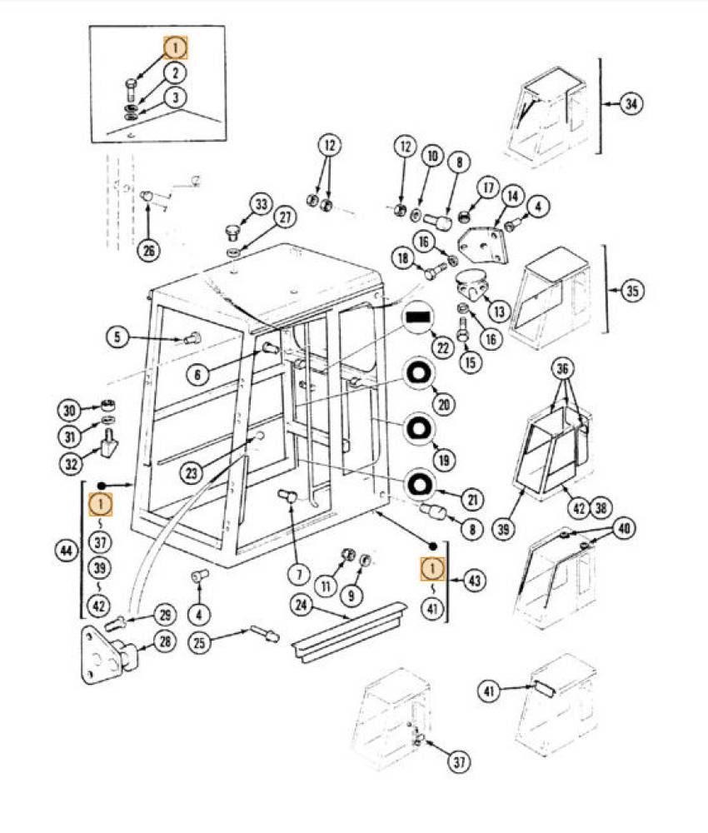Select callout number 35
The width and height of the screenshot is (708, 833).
[x=633, y=292]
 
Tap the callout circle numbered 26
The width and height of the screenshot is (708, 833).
[x=148, y=250]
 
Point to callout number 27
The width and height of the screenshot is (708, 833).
[x=285, y=218]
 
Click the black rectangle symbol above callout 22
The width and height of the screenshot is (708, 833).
[x=419, y=317]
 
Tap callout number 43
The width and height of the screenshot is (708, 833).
[x=475, y=580]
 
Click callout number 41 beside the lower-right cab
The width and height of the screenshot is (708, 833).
[x=490, y=690]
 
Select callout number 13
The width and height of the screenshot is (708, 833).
[x=499, y=312]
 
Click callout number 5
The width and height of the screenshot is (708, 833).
[x=117, y=337]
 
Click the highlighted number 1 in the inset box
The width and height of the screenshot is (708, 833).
[x=176, y=47]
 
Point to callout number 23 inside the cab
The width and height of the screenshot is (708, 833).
[x=193, y=472]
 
